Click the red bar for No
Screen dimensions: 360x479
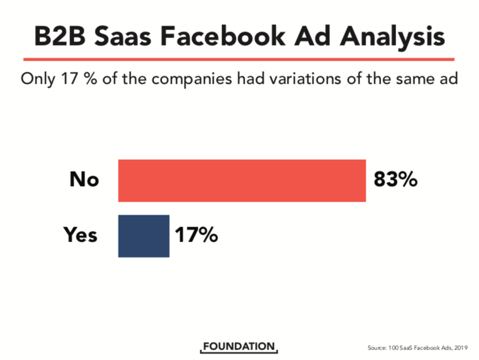242,180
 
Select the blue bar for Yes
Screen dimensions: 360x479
143,235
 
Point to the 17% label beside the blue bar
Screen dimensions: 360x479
195,235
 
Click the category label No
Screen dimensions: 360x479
84,180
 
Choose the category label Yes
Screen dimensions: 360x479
80,235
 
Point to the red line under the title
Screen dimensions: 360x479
239,59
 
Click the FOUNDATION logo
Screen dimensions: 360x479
239,346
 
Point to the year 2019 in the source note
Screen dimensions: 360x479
460,347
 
